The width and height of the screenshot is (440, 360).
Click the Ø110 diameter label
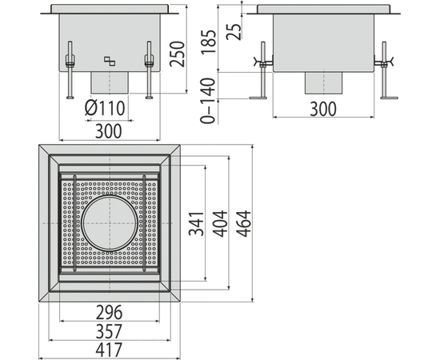105,108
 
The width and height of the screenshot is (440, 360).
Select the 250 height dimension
178,54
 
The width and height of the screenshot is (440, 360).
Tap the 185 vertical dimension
210,42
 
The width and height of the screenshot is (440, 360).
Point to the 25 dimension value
234,31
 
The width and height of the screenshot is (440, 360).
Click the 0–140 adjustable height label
208,101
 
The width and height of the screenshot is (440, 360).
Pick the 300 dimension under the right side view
323,109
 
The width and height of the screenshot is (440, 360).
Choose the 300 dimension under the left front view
109,131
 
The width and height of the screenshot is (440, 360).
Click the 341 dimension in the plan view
196,224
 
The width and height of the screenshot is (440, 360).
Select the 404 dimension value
220,224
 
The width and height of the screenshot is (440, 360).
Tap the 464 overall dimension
243,224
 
